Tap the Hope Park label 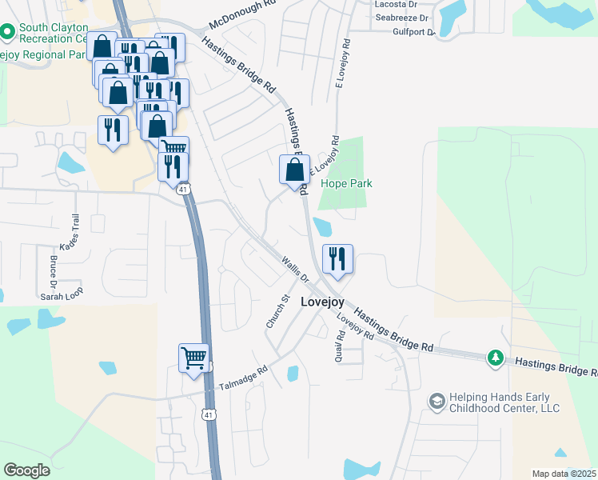[x=346, y=183]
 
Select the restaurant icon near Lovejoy [x=337, y=258]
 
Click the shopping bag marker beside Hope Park [x=294, y=170]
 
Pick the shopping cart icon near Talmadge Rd [x=193, y=358]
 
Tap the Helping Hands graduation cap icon [x=437, y=400]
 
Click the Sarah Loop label [x=62, y=295]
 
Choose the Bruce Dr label [x=53, y=271]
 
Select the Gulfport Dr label [x=413, y=33]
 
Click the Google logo [x=26, y=470]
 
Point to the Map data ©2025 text [x=564, y=473]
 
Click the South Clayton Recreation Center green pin [x=8, y=32]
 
